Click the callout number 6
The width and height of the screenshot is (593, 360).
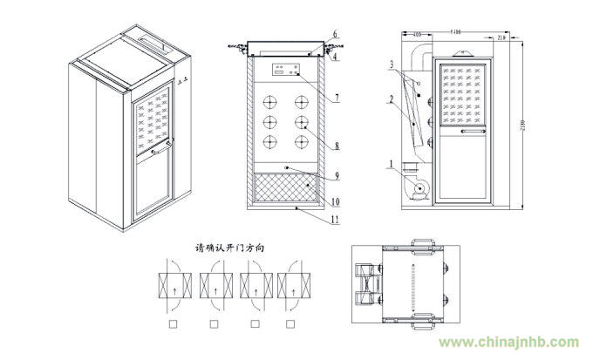pyautogui.click(x=336, y=35)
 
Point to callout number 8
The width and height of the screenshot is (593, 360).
pyautogui.click(x=337, y=145)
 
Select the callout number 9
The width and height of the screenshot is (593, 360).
pyautogui.click(x=337, y=176)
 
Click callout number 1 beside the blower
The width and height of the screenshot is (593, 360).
pyautogui.click(x=392, y=163)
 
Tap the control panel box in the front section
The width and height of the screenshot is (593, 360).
pyautogui.click(x=284, y=71)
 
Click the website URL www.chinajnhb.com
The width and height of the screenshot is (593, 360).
pyautogui.click(x=510, y=341)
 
